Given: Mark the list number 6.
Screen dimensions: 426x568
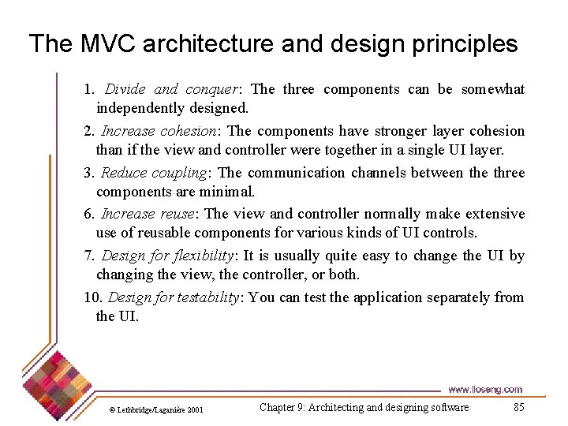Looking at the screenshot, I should (x=88, y=215).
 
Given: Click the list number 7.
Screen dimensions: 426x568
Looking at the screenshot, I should (x=88, y=256).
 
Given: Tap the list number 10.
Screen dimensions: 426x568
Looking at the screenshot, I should (x=92, y=298).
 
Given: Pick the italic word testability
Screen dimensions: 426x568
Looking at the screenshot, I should (x=206, y=298).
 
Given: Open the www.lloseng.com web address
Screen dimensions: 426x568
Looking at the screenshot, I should (x=484, y=390).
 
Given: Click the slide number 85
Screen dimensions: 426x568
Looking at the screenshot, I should (x=518, y=407).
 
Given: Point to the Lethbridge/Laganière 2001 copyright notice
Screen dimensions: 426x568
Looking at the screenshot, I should (x=156, y=409).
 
